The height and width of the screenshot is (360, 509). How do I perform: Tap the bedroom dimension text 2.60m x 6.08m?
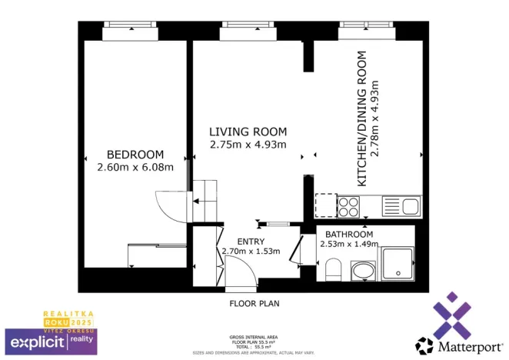point(135,167)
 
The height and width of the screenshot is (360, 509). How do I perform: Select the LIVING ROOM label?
point(248,131)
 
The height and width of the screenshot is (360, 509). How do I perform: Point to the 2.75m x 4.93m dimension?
point(248,144)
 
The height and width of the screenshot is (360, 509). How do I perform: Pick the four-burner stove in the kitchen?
point(348,206)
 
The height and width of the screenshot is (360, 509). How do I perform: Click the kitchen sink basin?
point(410,206)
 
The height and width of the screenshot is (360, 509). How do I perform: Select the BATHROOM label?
point(349,235)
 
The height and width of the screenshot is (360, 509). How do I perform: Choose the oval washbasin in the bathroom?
point(361,271)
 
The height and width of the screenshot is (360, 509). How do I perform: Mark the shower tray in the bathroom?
point(398,264)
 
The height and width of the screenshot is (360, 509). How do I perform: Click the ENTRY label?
point(250,241)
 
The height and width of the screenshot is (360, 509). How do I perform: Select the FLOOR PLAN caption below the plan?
point(254,303)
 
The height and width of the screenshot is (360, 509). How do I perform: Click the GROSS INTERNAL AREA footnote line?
point(254,337)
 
